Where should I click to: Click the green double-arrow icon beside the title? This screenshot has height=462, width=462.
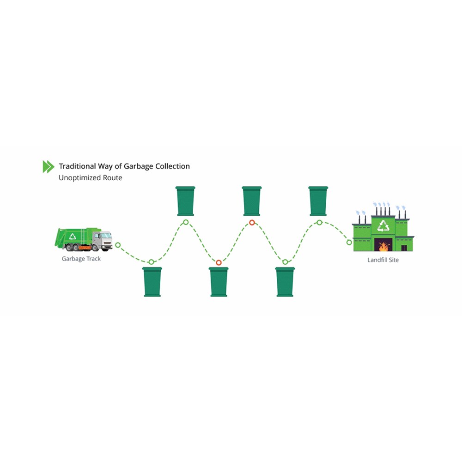tap(49, 166)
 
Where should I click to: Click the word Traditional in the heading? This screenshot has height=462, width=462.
tap(78, 166)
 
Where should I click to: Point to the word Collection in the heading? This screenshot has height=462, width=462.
tap(173, 166)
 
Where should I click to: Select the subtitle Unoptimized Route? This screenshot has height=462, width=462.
tap(91, 178)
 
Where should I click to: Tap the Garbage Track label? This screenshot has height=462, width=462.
tap(81, 259)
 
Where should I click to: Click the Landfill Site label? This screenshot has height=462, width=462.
tap(383, 260)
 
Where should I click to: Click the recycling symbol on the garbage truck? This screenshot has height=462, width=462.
tap(73, 236)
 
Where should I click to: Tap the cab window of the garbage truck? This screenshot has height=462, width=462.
tap(106, 236)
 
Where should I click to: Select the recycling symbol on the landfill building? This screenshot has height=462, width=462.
tap(383, 226)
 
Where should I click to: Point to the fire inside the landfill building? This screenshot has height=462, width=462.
tap(383, 246)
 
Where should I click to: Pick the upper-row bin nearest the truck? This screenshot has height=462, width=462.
tap(185, 201)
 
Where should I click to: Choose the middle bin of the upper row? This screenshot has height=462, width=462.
tap(252, 201)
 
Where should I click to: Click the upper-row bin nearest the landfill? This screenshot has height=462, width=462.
tap(318, 201)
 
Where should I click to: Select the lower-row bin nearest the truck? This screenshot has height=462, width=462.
tap(152, 282)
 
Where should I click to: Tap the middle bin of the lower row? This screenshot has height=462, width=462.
tap(219, 282)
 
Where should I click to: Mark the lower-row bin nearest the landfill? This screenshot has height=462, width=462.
tap(285, 282)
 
